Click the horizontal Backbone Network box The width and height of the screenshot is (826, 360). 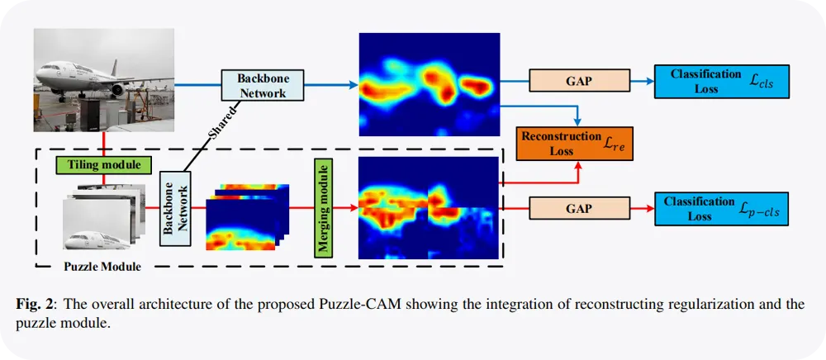coord(262,84)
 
